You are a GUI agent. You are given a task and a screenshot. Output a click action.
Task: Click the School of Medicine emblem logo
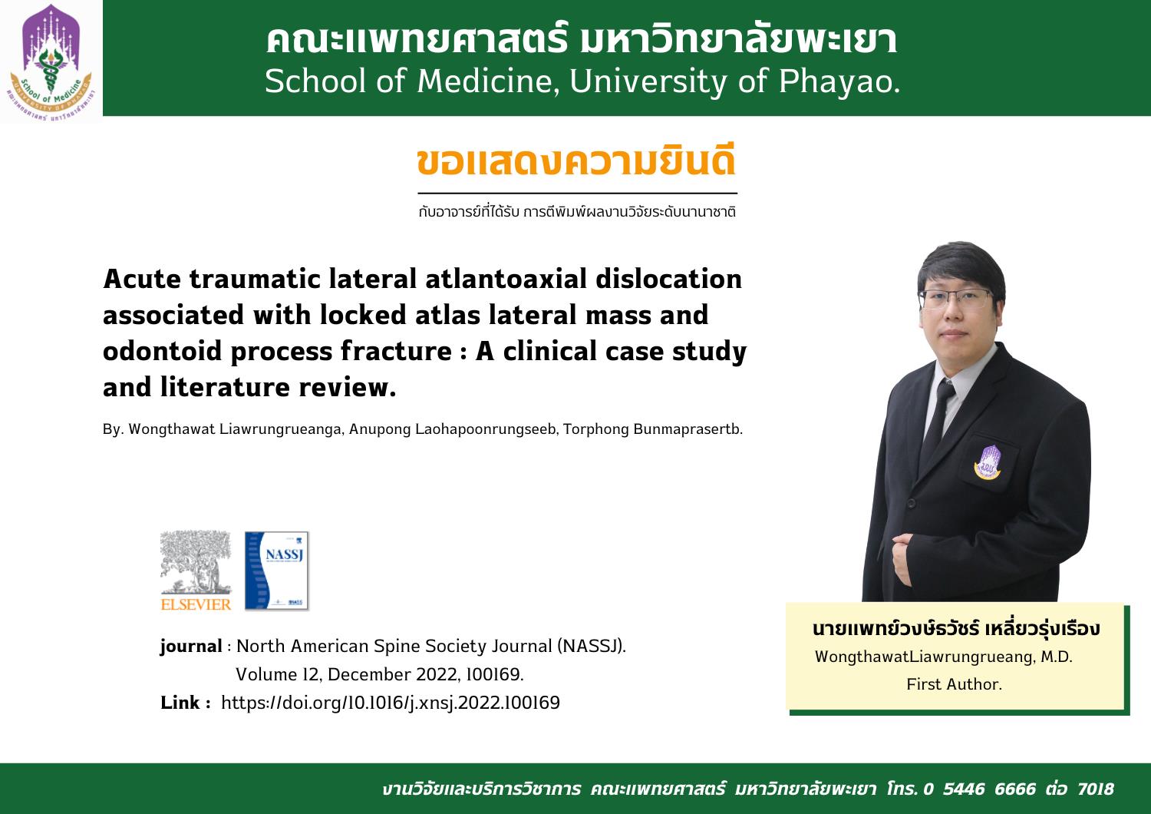click(51, 62)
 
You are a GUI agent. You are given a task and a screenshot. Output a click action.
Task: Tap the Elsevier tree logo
click(196, 571)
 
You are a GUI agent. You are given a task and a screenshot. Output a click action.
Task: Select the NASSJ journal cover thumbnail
click(276, 571)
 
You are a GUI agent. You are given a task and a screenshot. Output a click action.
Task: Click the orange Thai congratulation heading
click(576, 161)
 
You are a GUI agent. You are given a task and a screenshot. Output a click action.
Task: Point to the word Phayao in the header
click(839, 81)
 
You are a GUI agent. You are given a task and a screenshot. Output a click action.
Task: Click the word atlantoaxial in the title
click(506, 280)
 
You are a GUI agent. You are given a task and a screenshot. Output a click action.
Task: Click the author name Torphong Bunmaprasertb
click(653, 429)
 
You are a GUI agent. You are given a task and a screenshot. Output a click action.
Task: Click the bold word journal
click(191, 646)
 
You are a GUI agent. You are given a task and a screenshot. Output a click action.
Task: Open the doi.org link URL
click(391, 703)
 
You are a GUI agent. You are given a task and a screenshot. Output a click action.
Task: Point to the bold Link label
click(186, 703)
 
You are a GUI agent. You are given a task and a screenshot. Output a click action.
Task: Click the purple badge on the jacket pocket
click(988, 462)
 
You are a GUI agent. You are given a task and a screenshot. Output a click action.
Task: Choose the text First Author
click(955, 684)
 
